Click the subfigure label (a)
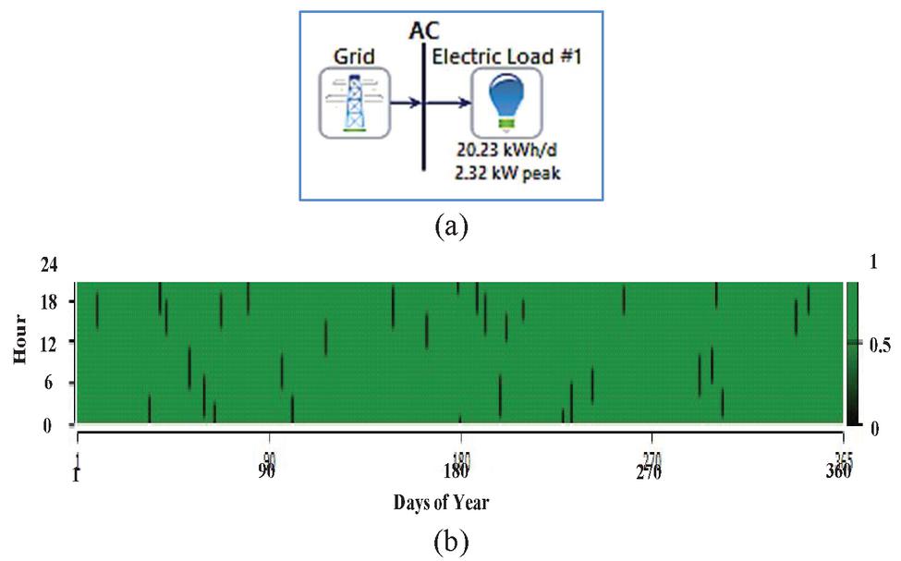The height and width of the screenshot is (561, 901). (x=450, y=225)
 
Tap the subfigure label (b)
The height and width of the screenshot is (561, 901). (x=450, y=538)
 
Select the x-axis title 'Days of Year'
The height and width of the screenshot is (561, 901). (x=441, y=504)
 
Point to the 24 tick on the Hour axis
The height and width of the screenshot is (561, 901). (x=49, y=264)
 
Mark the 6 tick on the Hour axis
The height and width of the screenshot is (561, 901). (x=53, y=383)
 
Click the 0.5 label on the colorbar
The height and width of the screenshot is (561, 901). (x=879, y=347)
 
